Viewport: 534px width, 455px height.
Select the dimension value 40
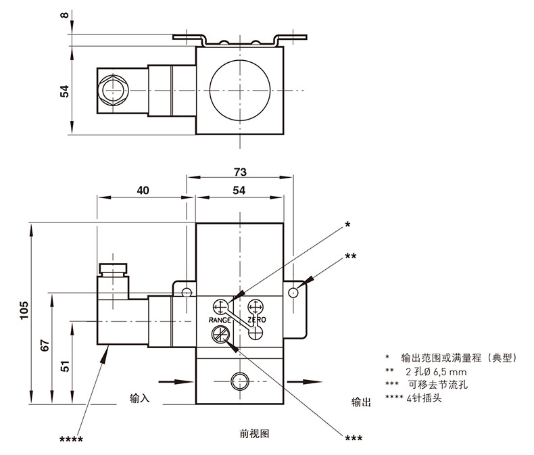pyautogui.click(x=143, y=191)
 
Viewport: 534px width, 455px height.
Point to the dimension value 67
pyautogui.click(x=45, y=345)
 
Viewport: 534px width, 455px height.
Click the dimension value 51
pyautogui.click(x=66, y=366)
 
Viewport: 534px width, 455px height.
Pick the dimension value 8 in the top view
pyautogui.click(x=65, y=16)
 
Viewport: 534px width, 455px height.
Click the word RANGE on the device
pyautogui.click(x=220, y=319)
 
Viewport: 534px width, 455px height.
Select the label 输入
pyautogui.click(x=139, y=400)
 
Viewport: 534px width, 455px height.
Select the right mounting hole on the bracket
pyautogui.click(x=293, y=292)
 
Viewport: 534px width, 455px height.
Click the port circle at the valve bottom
pyautogui.click(x=239, y=381)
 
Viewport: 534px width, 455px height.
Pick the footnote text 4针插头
pyautogui.click(x=427, y=398)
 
